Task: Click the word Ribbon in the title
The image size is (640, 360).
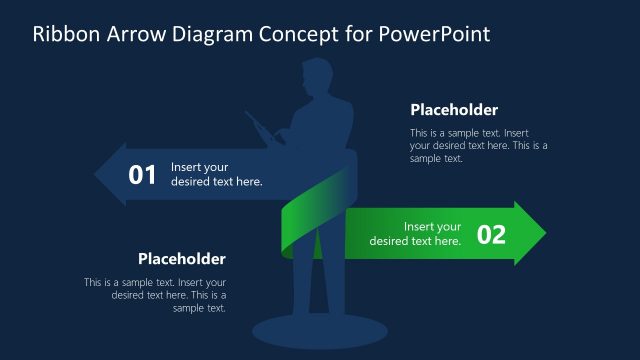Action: pos(65,35)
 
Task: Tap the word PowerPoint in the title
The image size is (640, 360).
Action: pos(435,35)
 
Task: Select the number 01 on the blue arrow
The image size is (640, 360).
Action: pos(143,175)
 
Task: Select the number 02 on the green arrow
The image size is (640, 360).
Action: pos(491,234)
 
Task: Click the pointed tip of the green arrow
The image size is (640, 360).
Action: pos(542,234)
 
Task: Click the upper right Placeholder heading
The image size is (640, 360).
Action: pos(454,110)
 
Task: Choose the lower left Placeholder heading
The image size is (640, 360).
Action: pos(182,258)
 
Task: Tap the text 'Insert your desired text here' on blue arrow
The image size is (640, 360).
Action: pos(217,175)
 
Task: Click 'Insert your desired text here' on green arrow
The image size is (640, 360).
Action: pos(416,234)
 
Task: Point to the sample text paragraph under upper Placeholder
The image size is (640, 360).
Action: pos(478,145)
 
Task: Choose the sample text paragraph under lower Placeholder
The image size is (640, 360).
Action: pos(156,295)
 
